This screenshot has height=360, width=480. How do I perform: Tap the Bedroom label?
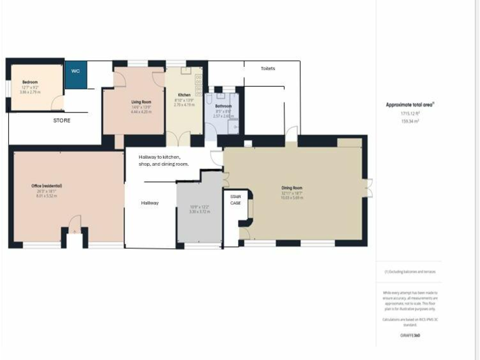[30, 82]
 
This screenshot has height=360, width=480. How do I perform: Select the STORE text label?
[61, 120]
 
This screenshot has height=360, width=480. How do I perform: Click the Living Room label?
[141, 101]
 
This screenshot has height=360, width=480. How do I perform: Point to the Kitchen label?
[184, 95]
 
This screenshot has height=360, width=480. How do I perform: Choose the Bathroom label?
[224, 106]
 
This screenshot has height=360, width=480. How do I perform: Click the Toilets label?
[267, 68]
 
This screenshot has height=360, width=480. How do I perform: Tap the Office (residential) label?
[47, 186]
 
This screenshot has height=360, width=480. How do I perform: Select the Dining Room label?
[292, 187]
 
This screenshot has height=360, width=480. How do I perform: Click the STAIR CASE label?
[236, 199]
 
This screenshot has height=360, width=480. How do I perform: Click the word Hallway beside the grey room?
[149, 202]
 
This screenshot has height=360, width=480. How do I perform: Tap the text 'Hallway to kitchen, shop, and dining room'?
[164, 160]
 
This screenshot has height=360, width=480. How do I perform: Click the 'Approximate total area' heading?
[409, 105]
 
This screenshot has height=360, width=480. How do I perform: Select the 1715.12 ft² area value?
[409, 114]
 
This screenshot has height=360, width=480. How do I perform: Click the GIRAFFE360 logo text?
[410, 336]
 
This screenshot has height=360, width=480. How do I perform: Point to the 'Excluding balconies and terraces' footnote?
[410, 271]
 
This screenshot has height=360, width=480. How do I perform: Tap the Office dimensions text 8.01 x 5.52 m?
[47, 196]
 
